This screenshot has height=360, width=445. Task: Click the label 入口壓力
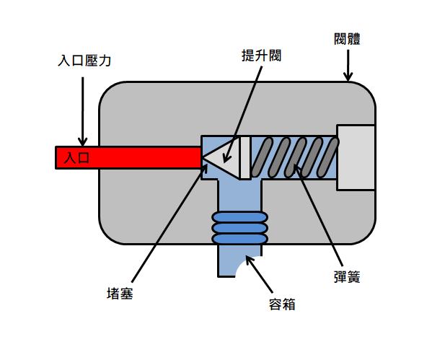pyautogui.click(x=84, y=61)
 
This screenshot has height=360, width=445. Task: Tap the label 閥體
pyautogui.click(x=347, y=39)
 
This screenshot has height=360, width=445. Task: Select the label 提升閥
pyautogui.click(x=261, y=56)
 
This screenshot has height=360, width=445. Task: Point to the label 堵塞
pyautogui.click(x=120, y=294)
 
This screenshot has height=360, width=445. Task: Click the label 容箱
pyautogui.click(x=282, y=304)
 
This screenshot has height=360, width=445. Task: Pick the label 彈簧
pyautogui.click(x=347, y=277)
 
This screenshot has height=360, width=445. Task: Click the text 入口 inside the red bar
pyautogui.click(x=76, y=158)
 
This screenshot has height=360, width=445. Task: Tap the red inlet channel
pyautogui.click(x=128, y=158)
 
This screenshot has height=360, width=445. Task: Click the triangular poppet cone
pyautogui.click(x=221, y=157)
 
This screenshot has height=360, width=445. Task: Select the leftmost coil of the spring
pyautogui.click(x=262, y=157)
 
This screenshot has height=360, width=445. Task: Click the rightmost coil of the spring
pyautogui.click(x=327, y=157)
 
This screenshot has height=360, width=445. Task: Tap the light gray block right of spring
pyautogui.click(x=356, y=157)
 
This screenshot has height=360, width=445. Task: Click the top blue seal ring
pyautogui.click(x=240, y=217)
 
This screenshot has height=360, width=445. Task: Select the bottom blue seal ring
pyautogui.click(x=240, y=239)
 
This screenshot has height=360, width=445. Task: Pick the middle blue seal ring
pyautogui.click(x=240, y=228)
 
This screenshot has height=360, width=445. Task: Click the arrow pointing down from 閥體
pyautogui.click(x=348, y=66)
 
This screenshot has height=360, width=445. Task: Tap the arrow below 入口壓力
pyautogui.click(x=83, y=111)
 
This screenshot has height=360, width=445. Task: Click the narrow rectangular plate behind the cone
pyautogui.click(x=245, y=158)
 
